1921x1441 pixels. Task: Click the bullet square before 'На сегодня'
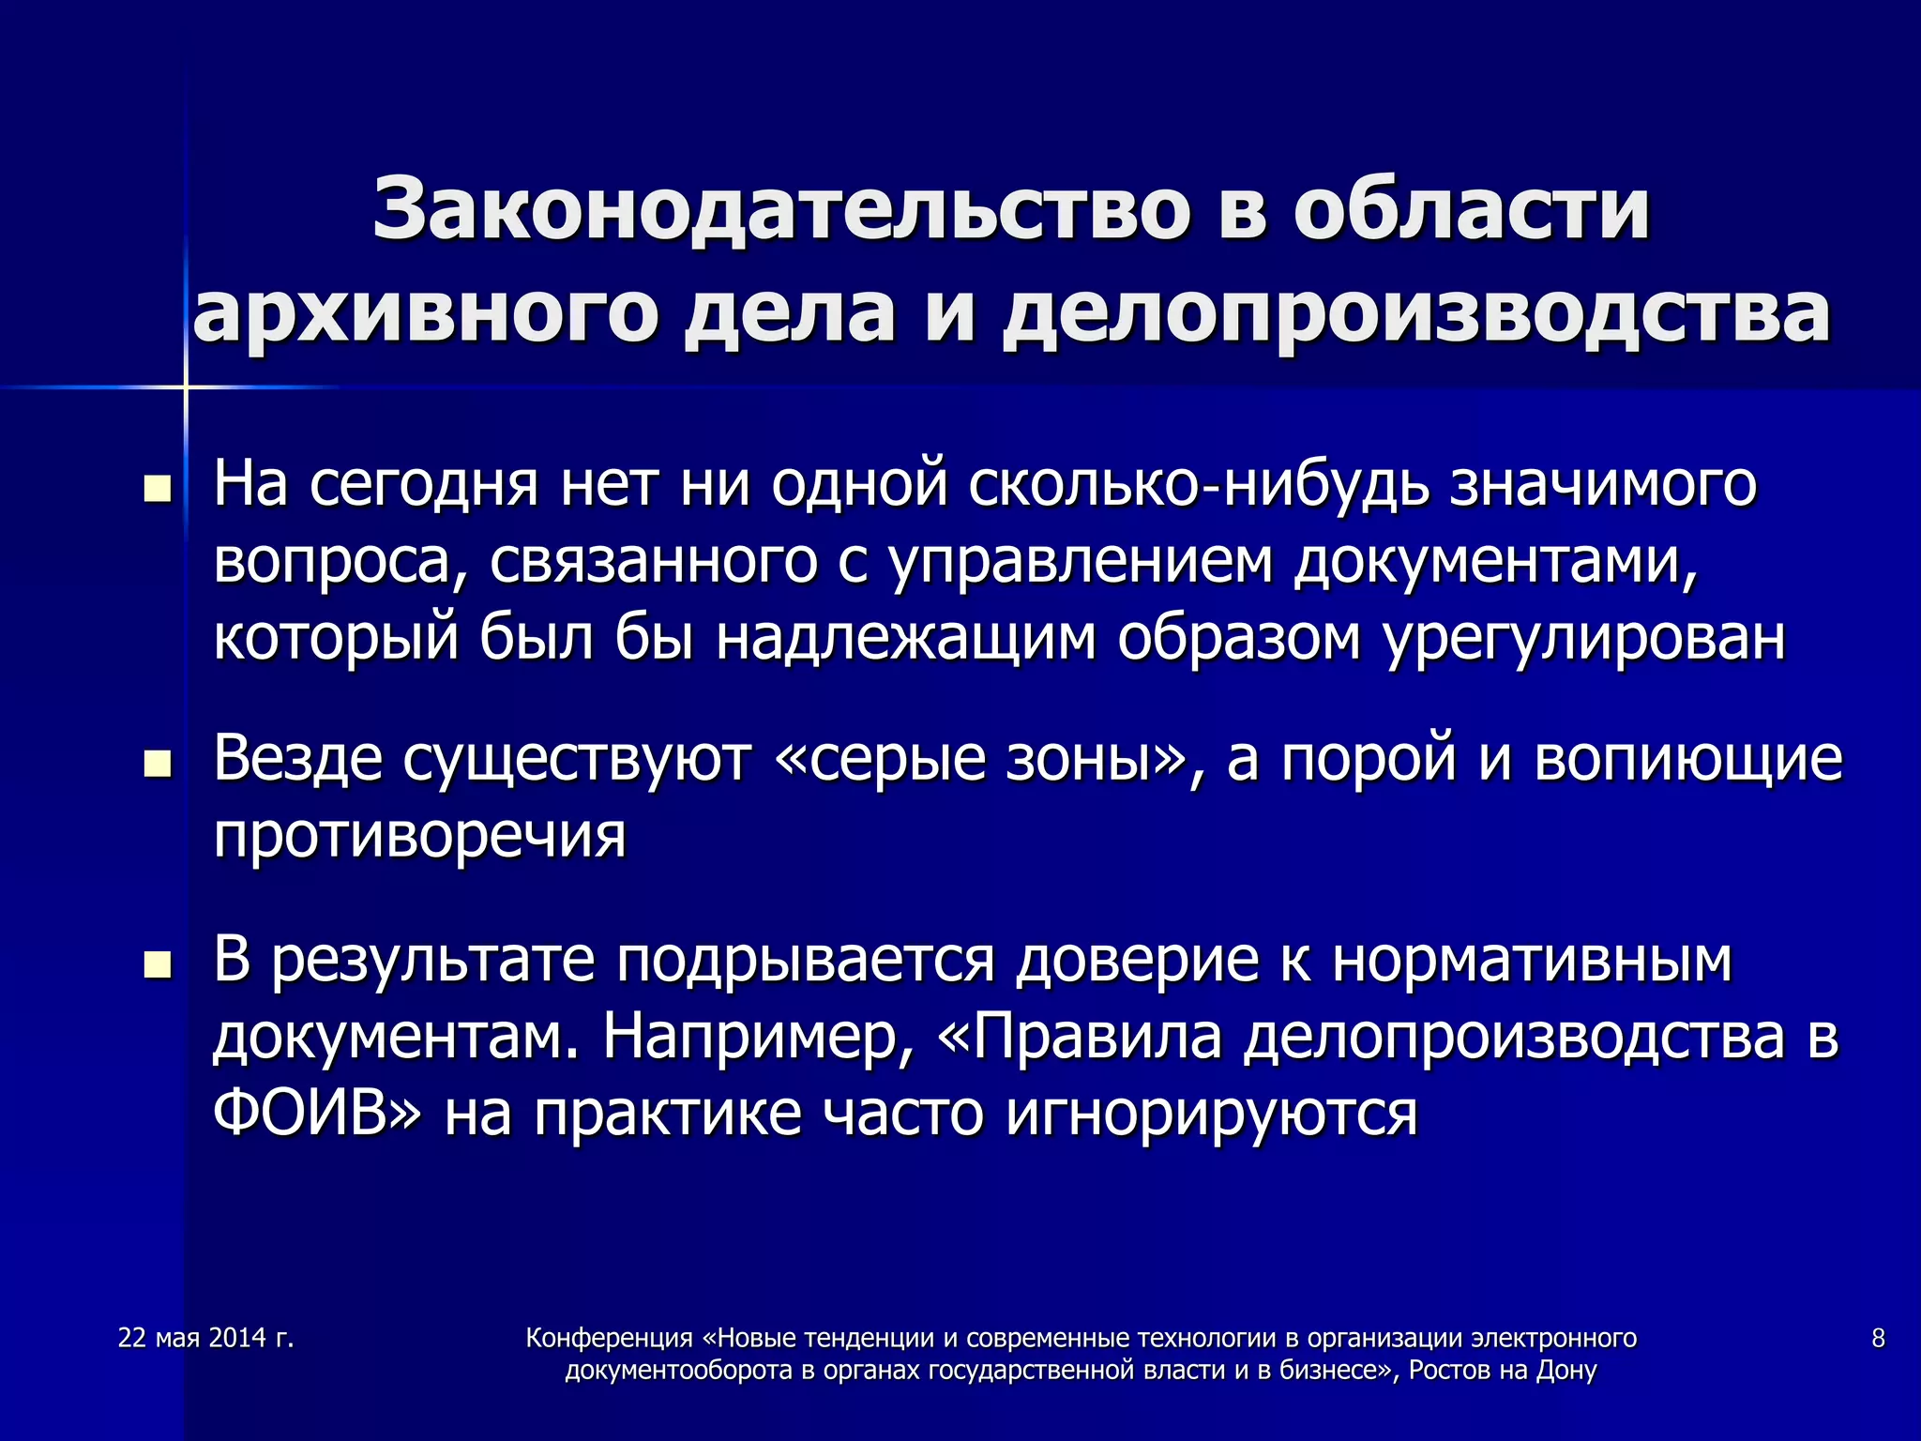158,488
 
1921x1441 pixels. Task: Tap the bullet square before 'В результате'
158,963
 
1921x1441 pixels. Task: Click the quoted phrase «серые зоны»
984,759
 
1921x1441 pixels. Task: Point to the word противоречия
419,836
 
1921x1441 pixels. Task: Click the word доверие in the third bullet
1138,960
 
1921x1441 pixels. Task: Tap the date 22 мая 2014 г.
206,1338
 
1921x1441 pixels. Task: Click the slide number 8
1878,1338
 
